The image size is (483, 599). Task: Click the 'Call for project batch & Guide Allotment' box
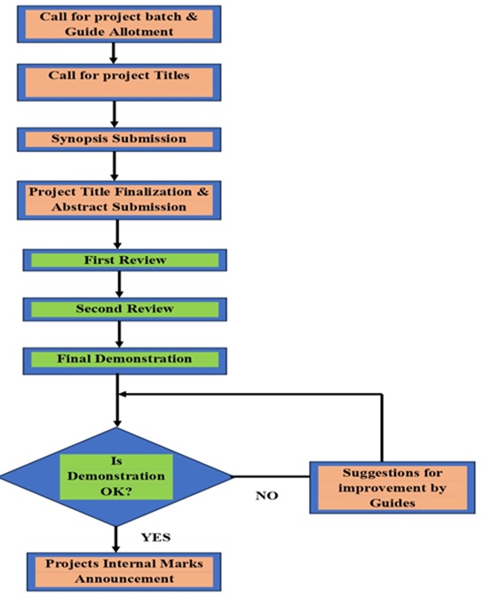[119, 24]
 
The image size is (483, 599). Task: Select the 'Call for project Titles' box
[119, 83]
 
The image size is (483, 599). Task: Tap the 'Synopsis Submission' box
[119, 140]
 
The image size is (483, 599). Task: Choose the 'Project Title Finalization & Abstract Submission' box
[119, 200]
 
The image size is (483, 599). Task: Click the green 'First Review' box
[125, 260]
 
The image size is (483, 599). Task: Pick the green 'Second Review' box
[125, 309]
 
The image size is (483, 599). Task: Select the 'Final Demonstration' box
[125, 361]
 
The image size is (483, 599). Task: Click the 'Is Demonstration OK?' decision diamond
[116, 476]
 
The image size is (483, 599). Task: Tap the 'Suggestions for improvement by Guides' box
[392, 487]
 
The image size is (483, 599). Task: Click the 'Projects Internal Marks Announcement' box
[124, 571]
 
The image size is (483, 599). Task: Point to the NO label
[266, 496]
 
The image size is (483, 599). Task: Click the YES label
[155, 538]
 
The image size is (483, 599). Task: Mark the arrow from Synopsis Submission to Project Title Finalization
[114, 166]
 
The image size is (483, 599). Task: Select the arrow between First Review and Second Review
[119, 284]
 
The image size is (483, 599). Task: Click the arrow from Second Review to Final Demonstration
[119, 334]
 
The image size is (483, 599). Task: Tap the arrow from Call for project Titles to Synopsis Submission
[114, 115]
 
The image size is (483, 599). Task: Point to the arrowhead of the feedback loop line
[123, 395]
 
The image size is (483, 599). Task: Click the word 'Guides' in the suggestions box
[392, 503]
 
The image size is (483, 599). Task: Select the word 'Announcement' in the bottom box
[124, 579]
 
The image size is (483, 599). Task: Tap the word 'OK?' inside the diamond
[116, 491]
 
